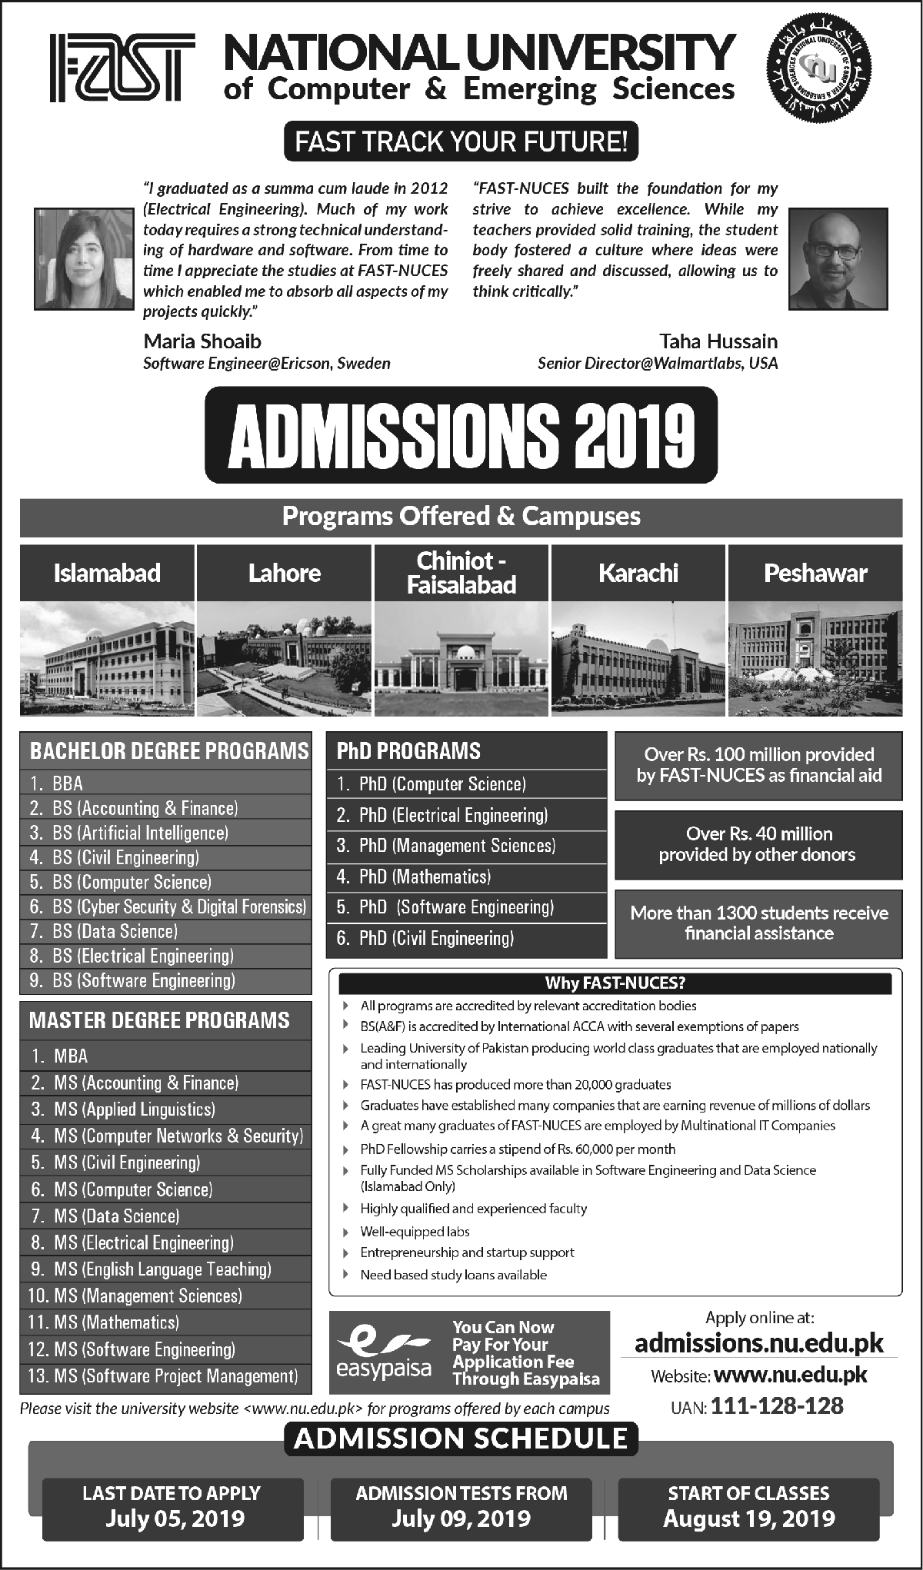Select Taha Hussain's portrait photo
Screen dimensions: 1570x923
[839, 259]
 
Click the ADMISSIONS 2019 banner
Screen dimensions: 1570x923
[461, 434]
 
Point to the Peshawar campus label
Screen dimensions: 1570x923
[815, 573]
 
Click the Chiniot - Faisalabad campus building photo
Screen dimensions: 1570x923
[461, 658]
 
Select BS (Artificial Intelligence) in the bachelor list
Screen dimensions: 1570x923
[140, 833]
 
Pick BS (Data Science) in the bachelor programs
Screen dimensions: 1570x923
[115, 931]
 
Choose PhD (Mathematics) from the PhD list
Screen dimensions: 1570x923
[425, 876]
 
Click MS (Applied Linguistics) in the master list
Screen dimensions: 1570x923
[135, 1109]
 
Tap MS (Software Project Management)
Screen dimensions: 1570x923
[175, 1375]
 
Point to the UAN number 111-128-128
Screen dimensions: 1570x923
[777, 1406]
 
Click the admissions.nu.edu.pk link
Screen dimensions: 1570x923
[759, 1342]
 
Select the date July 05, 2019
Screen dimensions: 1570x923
[172, 1518]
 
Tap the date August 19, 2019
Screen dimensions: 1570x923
[749, 1518]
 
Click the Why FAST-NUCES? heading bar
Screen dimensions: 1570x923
[615, 983]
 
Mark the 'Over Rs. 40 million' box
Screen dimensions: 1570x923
[758, 843]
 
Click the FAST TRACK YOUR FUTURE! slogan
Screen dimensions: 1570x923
[461, 142]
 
